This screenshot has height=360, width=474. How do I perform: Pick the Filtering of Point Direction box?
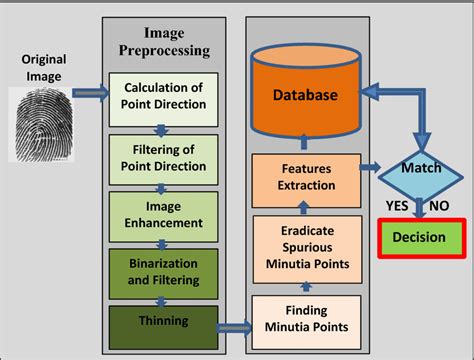pyautogui.click(x=163, y=156)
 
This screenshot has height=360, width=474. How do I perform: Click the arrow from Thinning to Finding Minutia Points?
pyautogui.click(x=235, y=325)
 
